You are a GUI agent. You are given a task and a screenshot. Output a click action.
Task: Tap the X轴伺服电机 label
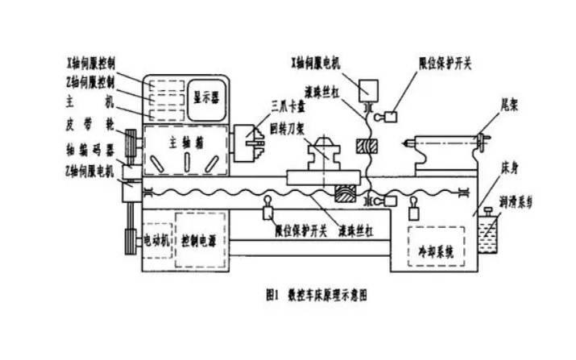[315, 61]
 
